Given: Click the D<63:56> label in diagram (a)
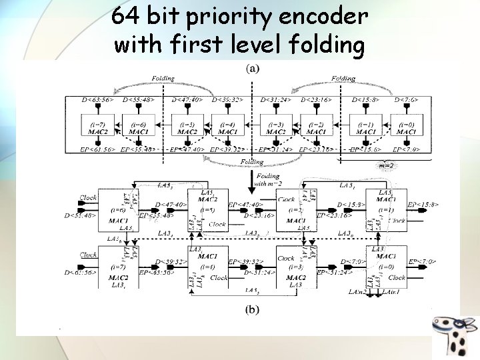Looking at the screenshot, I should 98,100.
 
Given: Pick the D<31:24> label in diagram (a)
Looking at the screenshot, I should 276,100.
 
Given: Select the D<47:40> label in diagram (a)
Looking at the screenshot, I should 187,100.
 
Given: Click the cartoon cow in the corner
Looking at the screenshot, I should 455,333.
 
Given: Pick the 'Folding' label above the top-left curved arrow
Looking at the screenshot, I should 163,79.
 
